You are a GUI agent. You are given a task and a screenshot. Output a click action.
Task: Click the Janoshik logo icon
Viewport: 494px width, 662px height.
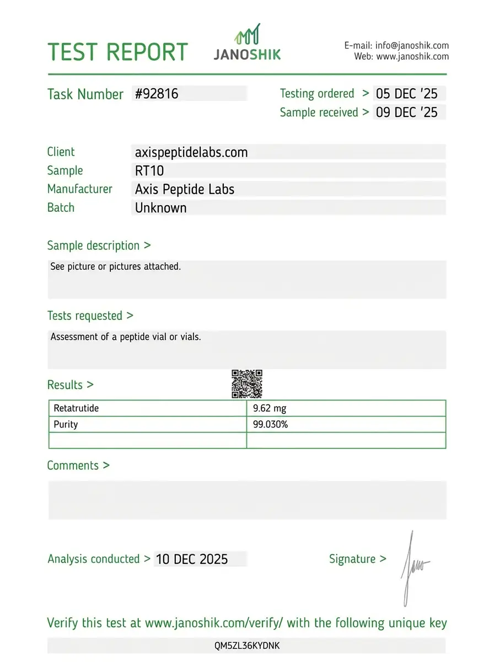pos(248,34)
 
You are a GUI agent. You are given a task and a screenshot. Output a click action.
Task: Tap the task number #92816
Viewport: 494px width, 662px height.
pos(157,94)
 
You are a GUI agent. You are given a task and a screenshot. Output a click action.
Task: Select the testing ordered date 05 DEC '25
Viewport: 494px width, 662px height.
pos(406,94)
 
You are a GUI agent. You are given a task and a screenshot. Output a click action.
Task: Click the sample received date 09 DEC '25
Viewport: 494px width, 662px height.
pos(406,113)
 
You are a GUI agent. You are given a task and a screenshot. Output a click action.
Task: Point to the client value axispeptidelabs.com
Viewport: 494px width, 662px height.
pos(191,152)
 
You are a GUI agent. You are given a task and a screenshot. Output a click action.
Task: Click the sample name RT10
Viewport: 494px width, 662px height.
pos(149,171)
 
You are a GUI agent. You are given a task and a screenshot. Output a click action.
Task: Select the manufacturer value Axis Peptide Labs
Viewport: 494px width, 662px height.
pos(185,189)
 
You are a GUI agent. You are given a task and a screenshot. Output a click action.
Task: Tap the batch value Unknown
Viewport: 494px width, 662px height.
pos(161,208)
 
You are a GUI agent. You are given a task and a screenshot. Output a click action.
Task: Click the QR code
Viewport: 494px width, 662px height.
pos(247,384)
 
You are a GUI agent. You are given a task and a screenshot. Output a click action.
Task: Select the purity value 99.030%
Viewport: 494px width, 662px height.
pos(271,424)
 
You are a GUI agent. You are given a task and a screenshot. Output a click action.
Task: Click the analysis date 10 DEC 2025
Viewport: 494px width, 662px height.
pos(192,559)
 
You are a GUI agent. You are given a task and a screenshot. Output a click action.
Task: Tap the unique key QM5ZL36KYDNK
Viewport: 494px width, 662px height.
pos(246,645)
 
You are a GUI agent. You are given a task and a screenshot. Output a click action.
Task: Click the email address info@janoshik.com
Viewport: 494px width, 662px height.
pos(411,45)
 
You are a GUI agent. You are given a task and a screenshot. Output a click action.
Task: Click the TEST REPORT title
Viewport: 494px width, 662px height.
pos(118,52)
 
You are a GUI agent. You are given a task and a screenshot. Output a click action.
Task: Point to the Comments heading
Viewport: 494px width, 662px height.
pos(78,466)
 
